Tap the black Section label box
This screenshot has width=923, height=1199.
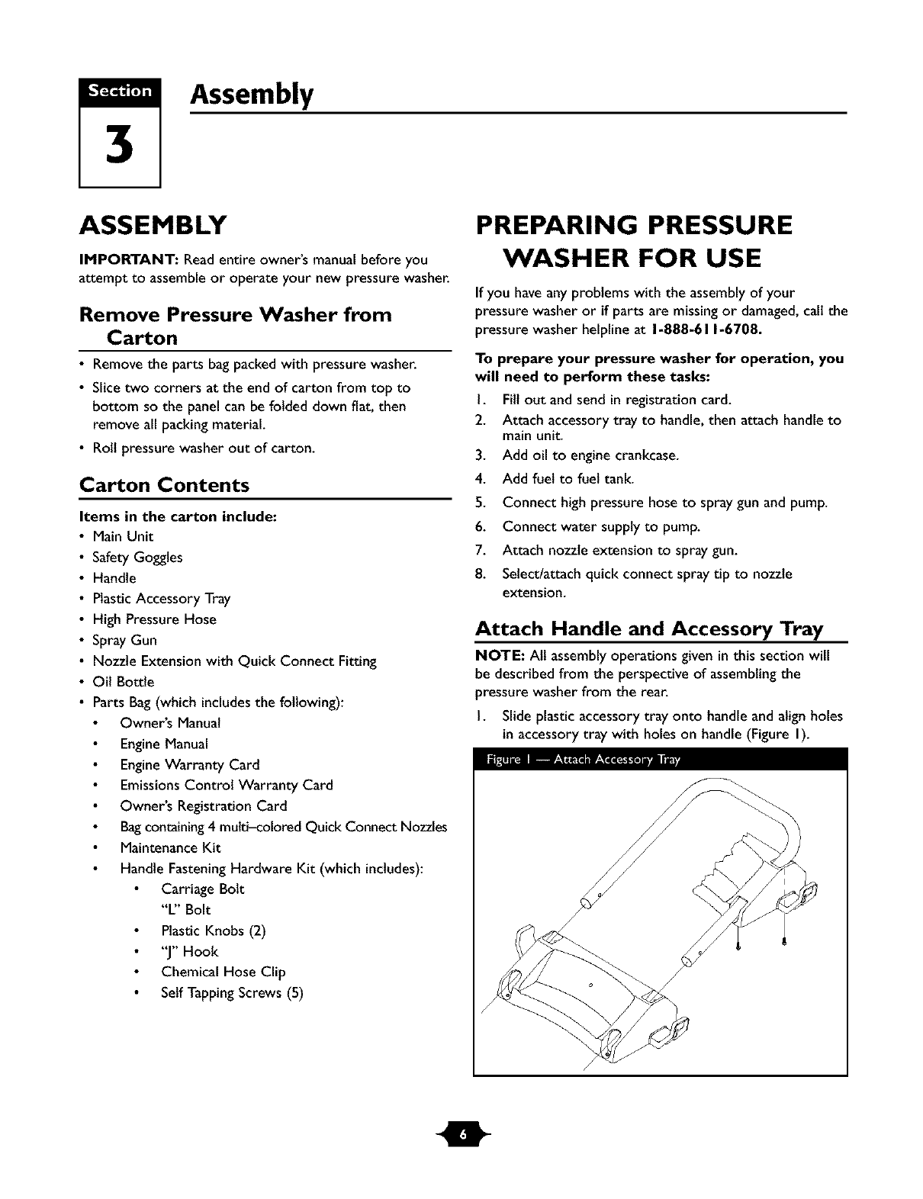[120, 91]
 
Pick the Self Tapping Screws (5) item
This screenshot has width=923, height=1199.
[232, 992]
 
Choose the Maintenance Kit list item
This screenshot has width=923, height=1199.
[170, 847]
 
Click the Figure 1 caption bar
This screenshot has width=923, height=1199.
[660, 760]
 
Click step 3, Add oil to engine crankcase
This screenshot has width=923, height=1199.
[590, 456]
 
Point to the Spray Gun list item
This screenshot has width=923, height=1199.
[124, 640]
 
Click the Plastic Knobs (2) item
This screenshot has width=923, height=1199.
[213, 931]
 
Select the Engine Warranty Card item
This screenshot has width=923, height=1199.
[189, 764]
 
